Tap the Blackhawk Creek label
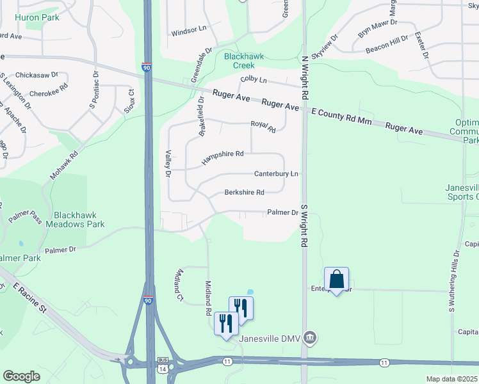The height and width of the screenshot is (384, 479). (243, 61)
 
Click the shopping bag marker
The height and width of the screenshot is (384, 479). (336, 280)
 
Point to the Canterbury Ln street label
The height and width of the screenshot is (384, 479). (276, 173)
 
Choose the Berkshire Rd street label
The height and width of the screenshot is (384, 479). (244, 193)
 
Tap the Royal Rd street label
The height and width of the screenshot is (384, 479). (263, 126)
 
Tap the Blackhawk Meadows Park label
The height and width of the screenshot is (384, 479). (79, 220)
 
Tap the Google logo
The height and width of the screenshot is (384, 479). (21, 376)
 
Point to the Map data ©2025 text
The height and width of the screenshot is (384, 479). (451, 379)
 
